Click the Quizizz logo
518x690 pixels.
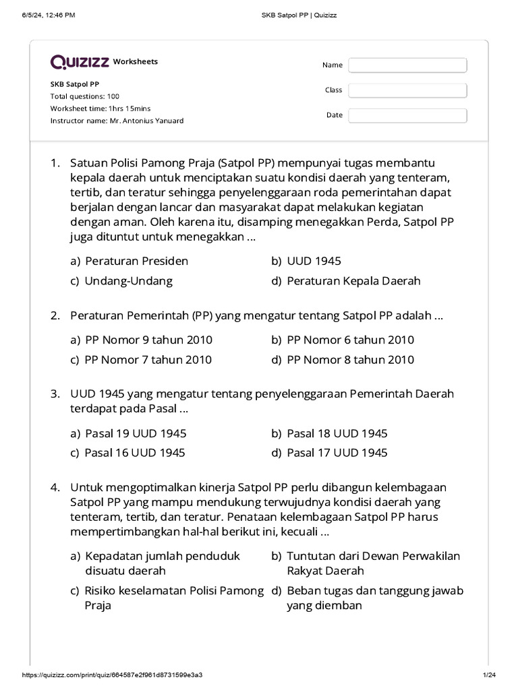80,62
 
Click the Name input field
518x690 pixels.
407,65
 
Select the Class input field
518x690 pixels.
407,90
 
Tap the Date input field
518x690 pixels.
407,115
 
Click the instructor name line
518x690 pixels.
117,121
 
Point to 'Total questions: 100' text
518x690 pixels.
84,96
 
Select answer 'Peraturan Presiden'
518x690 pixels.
136,261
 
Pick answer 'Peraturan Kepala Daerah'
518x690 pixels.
353,281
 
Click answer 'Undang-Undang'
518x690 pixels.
128,281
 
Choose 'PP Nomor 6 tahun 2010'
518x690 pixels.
350,340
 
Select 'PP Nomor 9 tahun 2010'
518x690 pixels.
148,340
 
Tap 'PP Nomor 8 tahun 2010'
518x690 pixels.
350,360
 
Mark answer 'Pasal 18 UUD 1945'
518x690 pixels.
337,433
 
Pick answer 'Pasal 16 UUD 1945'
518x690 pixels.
134,453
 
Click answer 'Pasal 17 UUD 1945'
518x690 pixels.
337,453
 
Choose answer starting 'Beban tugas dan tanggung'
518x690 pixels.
374,598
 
